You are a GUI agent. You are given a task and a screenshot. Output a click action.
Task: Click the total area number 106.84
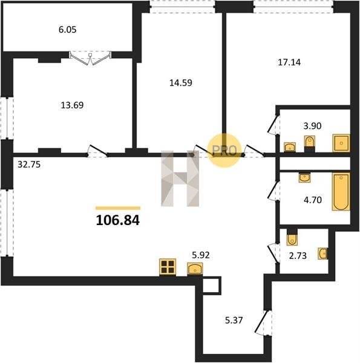coord(117,220)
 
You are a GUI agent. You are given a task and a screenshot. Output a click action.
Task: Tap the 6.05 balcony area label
coord(67,30)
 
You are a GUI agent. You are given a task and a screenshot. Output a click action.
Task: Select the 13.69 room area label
coord(72,105)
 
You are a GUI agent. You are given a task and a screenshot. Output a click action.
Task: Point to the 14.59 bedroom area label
coord(181,83)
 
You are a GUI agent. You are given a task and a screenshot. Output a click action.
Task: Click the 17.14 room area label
coord(289,62)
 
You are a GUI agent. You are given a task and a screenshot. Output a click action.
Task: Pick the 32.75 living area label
coord(29,165)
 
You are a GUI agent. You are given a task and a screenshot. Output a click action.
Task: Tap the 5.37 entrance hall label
coord(234,321)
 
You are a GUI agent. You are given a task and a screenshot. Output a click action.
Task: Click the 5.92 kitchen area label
coord(201,255)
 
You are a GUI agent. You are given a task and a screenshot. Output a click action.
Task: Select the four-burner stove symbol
coord(168,267)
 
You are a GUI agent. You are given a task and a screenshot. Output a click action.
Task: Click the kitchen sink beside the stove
coord(195,269)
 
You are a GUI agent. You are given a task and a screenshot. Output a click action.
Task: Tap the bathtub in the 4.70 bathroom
coord(341,192)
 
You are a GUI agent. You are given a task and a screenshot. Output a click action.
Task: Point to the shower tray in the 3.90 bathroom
coord(341,143)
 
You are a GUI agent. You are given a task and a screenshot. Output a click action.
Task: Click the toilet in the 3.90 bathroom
coord(310,144)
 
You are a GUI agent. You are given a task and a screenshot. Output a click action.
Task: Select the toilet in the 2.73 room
coord(292,237)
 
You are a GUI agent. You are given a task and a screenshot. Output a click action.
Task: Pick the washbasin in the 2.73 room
coord(322,253)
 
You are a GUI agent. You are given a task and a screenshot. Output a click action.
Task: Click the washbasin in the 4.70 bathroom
coord(304,177)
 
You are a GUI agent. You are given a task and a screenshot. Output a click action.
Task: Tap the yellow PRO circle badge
coord(224,151)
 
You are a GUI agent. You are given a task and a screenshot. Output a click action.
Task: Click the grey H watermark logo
coord(180,178)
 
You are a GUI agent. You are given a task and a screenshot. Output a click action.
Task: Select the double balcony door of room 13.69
coord(90,58)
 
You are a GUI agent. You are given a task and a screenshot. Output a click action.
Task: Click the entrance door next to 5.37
coord(263,322)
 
